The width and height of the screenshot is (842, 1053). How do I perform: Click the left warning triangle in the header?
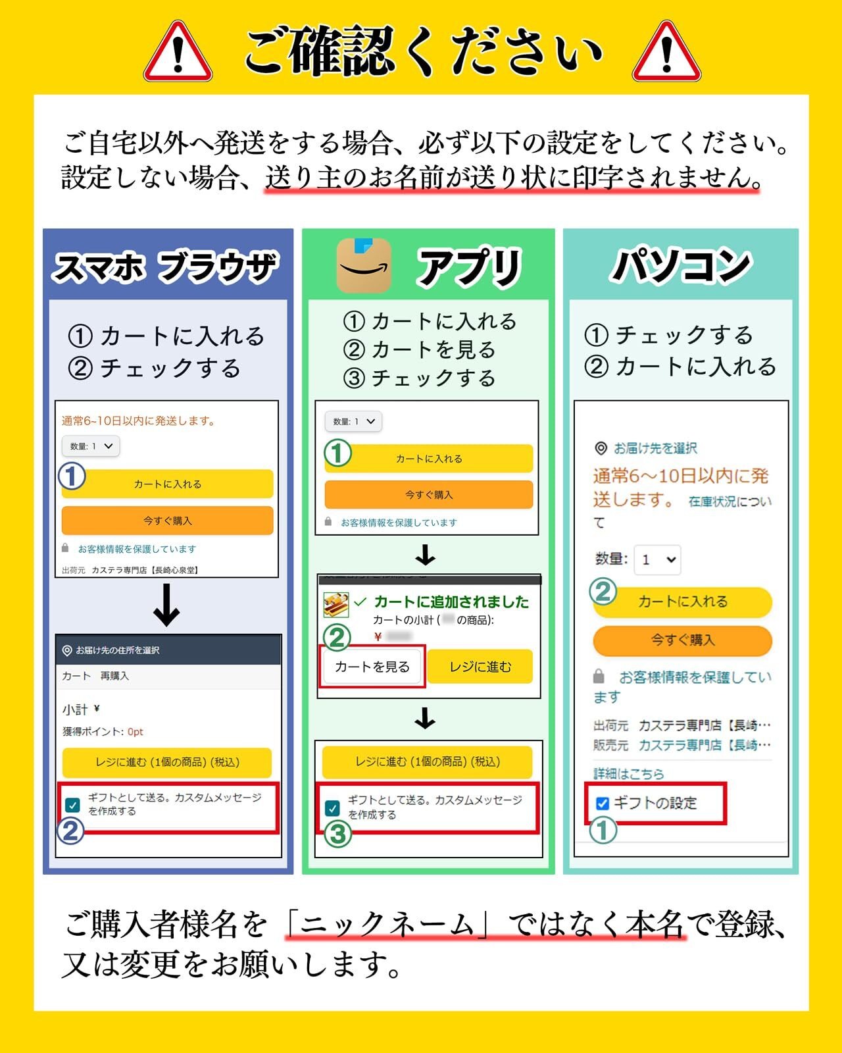point(178,53)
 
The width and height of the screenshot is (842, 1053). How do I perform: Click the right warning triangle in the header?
point(666,53)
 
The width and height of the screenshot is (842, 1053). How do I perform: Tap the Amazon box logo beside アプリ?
point(364,266)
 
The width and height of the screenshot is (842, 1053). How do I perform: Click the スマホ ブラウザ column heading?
point(166,267)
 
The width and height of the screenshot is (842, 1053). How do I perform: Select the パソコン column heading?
point(681,266)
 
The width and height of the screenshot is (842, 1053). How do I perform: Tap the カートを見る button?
point(372,667)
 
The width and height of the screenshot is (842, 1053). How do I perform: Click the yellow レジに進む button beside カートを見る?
point(480,667)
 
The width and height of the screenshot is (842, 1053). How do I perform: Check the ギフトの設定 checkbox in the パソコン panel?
point(602,803)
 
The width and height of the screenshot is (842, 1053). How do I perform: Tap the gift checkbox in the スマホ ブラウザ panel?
point(72,804)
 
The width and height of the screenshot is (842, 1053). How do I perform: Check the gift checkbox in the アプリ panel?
point(333,808)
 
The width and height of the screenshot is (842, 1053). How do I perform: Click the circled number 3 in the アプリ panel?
point(337,834)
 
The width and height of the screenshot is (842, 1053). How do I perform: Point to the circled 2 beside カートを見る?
point(337,637)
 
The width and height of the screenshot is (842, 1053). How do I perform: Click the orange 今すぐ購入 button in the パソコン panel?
point(682,640)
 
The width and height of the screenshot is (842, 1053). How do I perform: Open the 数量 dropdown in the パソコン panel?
point(658,559)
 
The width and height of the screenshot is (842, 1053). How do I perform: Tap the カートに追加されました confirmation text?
point(451,602)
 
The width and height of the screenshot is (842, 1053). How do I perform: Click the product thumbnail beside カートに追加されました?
point(335,604)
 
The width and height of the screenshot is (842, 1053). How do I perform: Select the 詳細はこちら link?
point(628,773)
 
